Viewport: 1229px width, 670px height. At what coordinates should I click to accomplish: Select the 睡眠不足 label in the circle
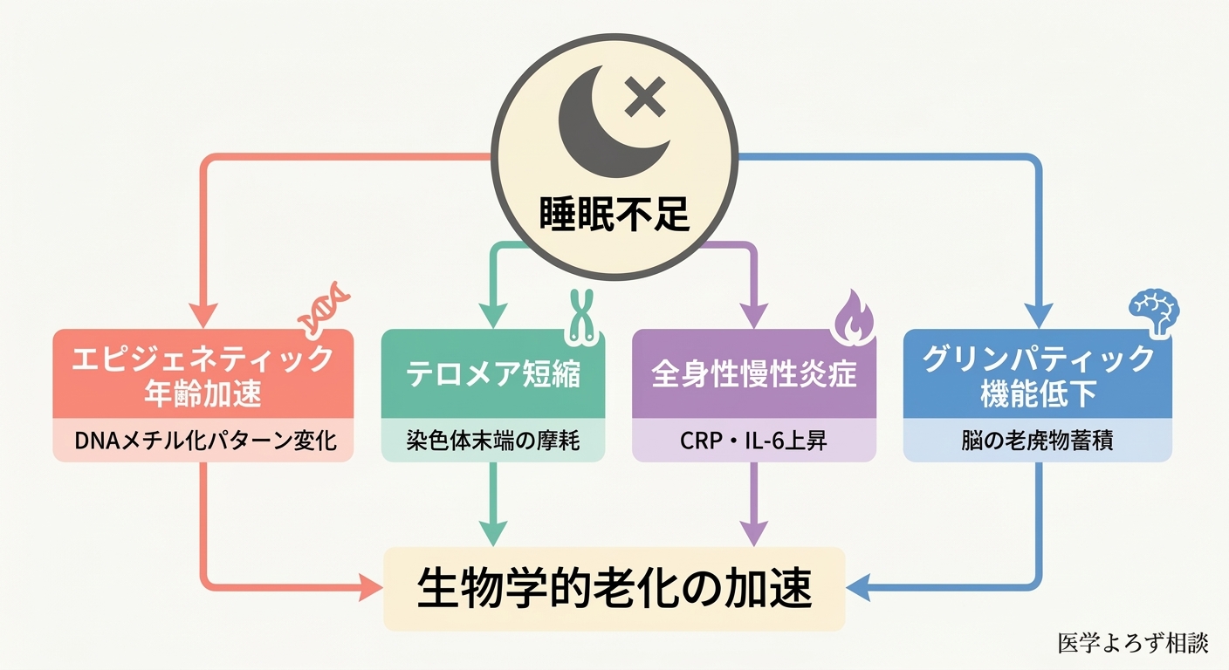(614, 212)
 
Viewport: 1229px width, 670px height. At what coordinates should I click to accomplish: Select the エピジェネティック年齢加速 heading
(203, 375)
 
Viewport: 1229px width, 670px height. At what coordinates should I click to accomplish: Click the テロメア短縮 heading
(493, 374)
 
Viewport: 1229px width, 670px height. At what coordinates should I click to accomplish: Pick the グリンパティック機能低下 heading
(1038, 375)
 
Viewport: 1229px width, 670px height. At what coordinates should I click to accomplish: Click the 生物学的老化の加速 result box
(614, 589)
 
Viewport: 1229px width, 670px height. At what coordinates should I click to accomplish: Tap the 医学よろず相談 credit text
(1132, 643)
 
